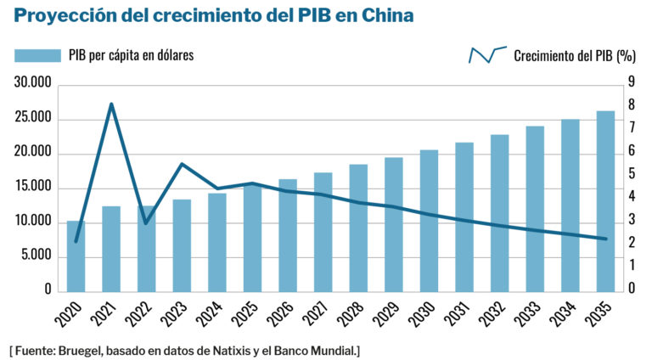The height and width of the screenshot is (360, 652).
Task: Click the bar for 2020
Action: pos(76,256)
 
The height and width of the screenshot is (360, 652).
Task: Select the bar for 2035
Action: pos(605,201)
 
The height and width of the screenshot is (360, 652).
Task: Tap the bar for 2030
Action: pos(429,221)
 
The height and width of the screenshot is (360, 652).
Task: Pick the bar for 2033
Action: pos(535,209)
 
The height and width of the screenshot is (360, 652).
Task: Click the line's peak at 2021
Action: pos(111,104)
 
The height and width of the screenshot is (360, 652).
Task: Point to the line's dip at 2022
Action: pos(146,223)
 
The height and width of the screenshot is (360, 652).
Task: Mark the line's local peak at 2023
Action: pos(182,164)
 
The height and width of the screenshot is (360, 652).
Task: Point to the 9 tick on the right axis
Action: pos(632,82)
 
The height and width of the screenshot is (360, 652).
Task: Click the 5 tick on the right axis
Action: pos(632,174)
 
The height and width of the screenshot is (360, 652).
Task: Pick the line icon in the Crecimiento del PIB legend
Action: pos(487,55)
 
